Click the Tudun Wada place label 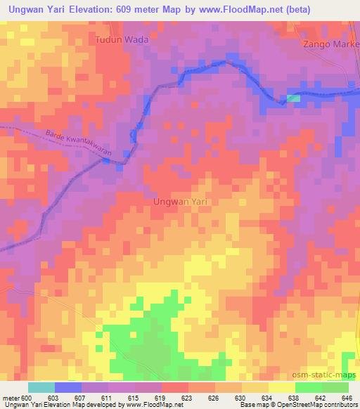click(122, 40)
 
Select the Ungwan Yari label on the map click(181, 201)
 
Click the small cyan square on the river click(293, 98)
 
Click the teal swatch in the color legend click(41, 387)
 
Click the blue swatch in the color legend click(68, 387)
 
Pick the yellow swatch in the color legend click(281, 387)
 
